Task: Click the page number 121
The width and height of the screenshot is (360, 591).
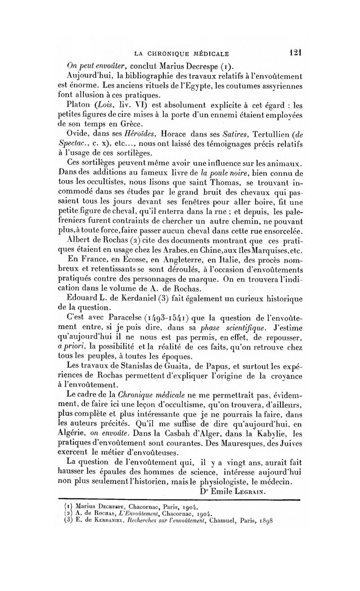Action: pos(295,51)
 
